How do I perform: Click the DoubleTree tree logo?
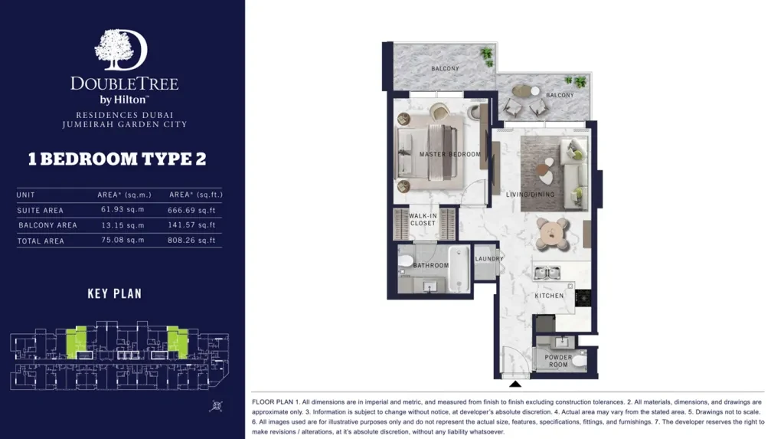coord(121,50)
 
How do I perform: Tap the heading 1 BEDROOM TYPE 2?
coord(117,159)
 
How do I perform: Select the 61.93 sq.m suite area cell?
coord(122,210)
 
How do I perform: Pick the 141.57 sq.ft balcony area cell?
coord(191,225)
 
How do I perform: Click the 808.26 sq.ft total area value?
coord(191,241)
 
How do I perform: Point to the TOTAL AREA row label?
coord(41,241)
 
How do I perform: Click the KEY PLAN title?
coord(115,294)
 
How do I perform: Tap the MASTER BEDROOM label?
coord(449,154)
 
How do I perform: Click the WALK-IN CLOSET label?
coord(423,220)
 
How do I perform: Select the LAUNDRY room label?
coord(489,259)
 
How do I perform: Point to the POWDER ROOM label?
coord(558,361)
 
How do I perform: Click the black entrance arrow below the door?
coord(515,384)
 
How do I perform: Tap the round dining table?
coord(552,234)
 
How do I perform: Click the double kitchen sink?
coord(547,273)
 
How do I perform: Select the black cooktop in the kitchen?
coord(583,298)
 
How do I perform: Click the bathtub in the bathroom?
coord(459,269)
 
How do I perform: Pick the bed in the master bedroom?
coord(426,152)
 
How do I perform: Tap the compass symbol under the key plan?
coord(217,406)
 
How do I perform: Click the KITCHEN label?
coord(549,296)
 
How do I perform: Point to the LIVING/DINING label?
coord(530,195)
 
